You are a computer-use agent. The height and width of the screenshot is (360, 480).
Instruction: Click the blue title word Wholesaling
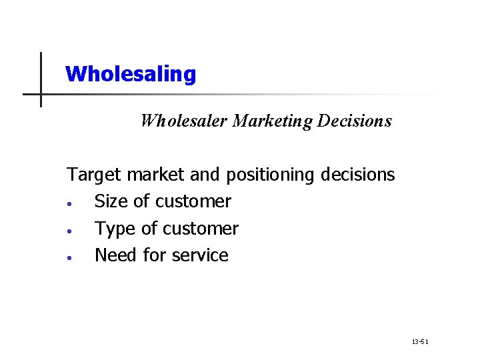point(131,73)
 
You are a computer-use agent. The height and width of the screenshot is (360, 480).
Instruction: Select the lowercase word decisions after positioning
point(358,175)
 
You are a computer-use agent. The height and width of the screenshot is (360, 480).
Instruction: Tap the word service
point(198,255)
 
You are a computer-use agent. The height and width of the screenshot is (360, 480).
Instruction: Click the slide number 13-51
point(420,341)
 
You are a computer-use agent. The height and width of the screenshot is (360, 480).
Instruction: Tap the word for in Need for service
point(153,255)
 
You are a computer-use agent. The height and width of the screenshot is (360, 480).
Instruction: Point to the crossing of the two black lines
point(41,94)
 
